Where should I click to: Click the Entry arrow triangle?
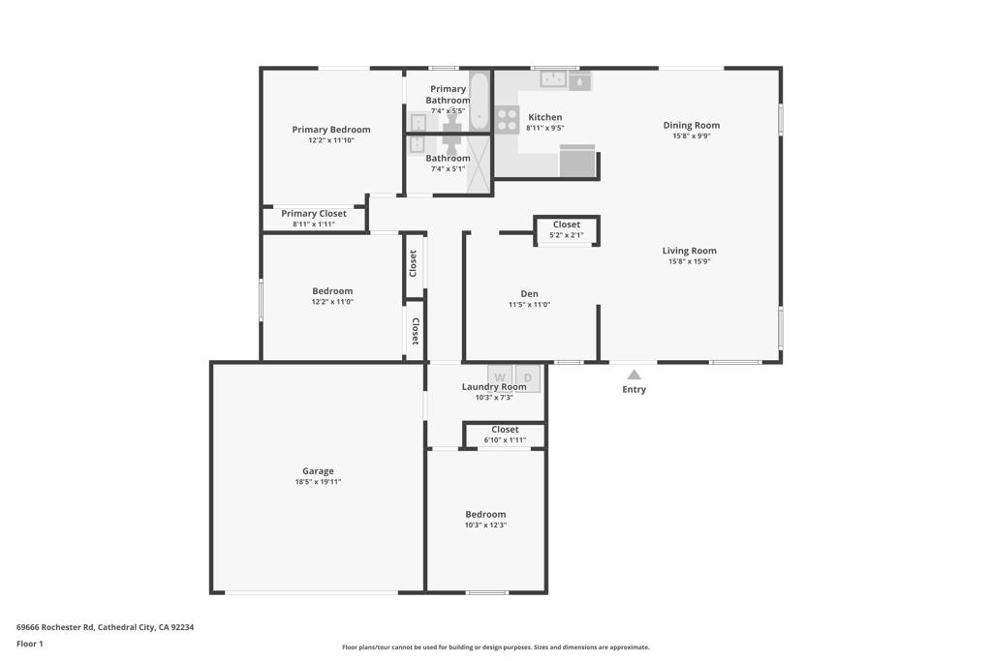coord(634,375)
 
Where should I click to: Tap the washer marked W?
coord(500,376)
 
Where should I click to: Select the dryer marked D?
coord(527,376)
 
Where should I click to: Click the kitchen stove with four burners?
coord(507,119)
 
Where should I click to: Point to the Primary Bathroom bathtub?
coord(480,101)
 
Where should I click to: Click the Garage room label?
coord(318,471)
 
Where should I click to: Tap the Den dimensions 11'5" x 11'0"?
coord(529,305)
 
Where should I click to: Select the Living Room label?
coord(689,251)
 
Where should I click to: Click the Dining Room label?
coord(691,125)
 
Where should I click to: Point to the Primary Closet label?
coord(313,213)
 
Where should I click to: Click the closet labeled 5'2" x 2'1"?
coord(567,230)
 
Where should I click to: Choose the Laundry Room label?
coord(494,387)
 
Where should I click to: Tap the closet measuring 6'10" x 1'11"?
coord(505,435)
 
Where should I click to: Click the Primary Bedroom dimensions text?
coord(331,140)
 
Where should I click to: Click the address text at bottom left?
coord(105,627)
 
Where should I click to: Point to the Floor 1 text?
coord(30,644)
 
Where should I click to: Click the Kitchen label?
coord(544,117)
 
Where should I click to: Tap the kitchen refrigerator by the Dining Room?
coord(577,162)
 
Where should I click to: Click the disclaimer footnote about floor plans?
coord(495,647)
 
